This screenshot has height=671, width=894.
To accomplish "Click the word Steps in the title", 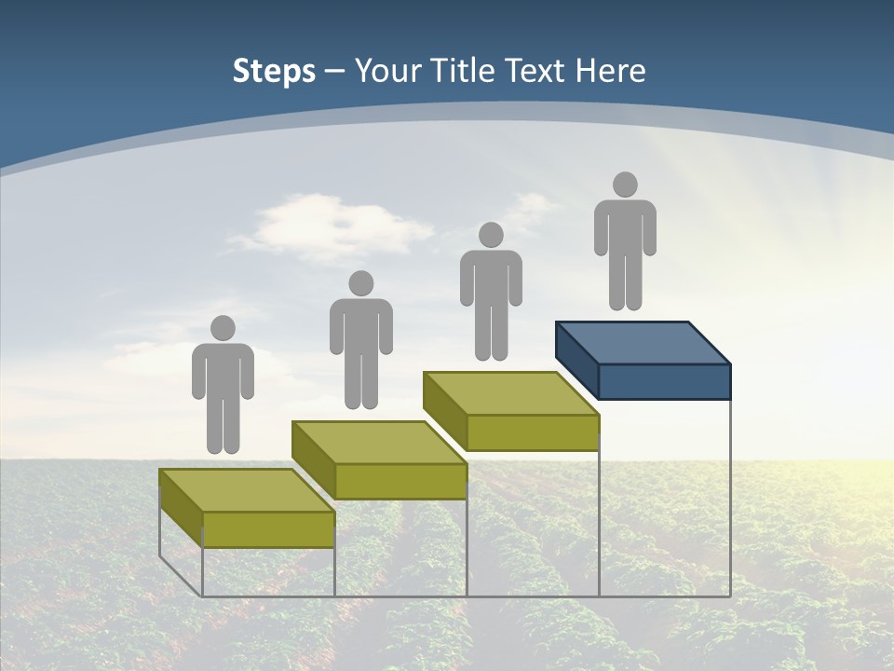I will coord(274,71).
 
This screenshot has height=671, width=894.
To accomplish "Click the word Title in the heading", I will coord(461,71).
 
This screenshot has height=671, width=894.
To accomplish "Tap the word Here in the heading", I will coord(611,71).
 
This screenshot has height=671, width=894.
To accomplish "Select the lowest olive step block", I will coord(247,508).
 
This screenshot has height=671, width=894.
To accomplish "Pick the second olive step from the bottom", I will coord(379,460).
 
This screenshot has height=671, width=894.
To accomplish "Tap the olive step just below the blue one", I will coord(511,411).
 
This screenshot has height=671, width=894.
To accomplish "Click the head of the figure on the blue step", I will coord(625,185).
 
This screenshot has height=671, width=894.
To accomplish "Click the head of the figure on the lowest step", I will coord(223,328).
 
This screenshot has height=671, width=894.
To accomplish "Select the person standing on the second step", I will coord(360,340).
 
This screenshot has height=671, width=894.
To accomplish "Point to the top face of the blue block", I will coord(643,342).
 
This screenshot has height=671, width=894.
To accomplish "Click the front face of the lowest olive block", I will coord(268,529).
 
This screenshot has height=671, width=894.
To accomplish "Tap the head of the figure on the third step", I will coord(491,235).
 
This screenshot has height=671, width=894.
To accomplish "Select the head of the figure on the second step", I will coord(360,283).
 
